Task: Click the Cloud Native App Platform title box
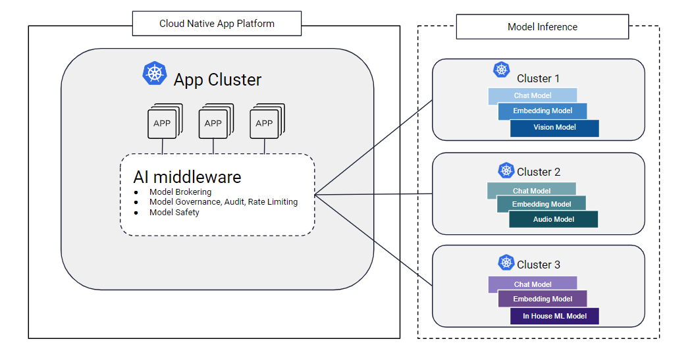(x=217, y=24)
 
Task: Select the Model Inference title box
(x=542, y=27)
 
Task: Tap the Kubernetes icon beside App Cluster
(x=155, y=73)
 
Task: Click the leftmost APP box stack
(x=163, y=122)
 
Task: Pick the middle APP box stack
(x=214, y=122)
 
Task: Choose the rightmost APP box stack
(x=265, y=122)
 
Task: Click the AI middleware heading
(x=187, y=177)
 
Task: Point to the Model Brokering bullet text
(x=180, y=192)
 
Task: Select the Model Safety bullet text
(x=174, y=213)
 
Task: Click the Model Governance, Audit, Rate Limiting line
(x=223, y=202)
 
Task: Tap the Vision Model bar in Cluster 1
(x=554, y=128)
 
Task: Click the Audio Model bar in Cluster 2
(x=553, y=220)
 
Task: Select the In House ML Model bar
(x=554, y=317)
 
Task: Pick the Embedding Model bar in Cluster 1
(x=543, y=111)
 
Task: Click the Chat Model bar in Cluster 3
(x=532, y=284)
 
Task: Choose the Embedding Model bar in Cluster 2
(x=541, y=205)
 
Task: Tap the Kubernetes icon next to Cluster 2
(x=506, y=170)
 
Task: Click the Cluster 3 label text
(x=539, y=265)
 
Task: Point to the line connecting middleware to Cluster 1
(x=373, y=146)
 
